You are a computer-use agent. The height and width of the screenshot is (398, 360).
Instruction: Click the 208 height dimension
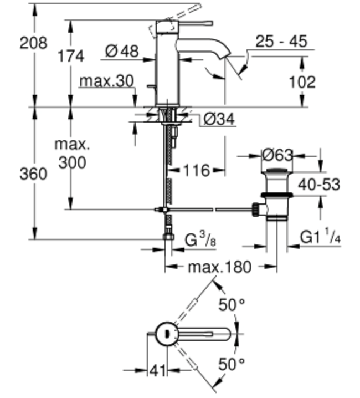33,43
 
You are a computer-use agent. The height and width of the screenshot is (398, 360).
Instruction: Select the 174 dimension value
71,56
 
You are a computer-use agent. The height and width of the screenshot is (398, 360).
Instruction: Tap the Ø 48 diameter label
122,51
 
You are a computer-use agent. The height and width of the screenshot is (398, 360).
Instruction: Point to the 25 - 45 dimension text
281,41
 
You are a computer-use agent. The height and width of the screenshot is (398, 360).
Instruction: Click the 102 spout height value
302,82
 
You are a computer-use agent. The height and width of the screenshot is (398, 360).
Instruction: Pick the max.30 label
106,81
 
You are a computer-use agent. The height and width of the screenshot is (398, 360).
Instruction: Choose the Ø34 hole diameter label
219,119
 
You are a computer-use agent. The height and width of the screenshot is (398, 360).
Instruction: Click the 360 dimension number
33,174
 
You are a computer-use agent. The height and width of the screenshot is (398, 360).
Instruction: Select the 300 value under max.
73,162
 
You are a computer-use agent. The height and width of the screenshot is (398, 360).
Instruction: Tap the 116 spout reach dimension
196,170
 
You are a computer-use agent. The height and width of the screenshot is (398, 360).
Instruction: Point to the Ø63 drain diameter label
277,155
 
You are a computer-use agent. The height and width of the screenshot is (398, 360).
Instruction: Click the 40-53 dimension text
319,184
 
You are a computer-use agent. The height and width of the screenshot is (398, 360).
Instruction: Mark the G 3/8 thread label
200,239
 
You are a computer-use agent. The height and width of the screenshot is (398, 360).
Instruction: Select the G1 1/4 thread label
320,237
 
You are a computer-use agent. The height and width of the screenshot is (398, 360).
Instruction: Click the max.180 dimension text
220,267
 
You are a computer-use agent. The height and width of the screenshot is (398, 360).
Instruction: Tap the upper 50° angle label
232,304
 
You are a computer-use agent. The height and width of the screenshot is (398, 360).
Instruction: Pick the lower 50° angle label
232,364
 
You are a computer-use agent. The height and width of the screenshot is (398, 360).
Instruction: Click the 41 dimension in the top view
157,371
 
